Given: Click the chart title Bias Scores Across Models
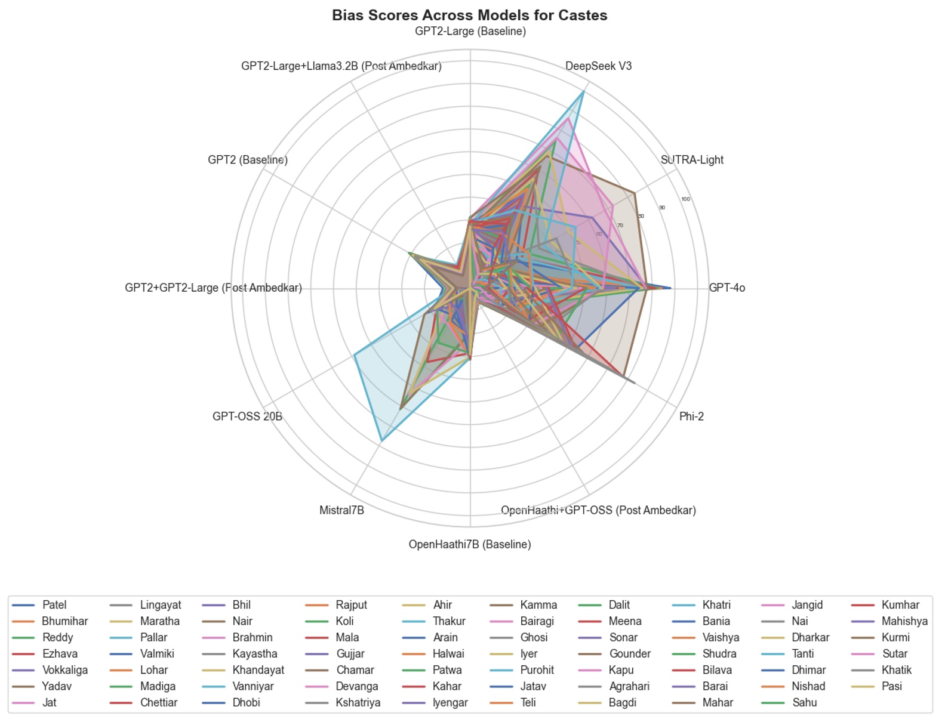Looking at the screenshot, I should click(x=470, y=15).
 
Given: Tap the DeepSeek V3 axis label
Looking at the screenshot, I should click(x=598, y=66).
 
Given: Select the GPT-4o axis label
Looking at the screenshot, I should click(x=726, y=288).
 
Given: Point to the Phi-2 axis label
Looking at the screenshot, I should click(x=691, y=416).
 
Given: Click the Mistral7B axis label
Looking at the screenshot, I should click(x=341, y=510).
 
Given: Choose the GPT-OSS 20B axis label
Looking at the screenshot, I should click(x=247, y=416).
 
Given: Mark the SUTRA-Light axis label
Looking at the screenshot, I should click(x=692, y=159).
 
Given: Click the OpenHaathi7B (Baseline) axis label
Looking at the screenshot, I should click(x=470, y=544).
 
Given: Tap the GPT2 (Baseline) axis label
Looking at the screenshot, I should click(x=248, y=159).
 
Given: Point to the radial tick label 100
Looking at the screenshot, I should click(x=685, y=199).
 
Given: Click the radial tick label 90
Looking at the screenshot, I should click(x=662, y=208).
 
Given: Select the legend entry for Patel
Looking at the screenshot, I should click(x=54, y=604).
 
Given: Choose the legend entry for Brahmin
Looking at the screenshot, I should click(x=253, y=637).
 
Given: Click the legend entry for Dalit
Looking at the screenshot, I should click(x=619, y=604).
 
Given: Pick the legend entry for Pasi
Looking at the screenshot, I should click(x=892, y=686).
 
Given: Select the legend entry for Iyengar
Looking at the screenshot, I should click(x=450, y=702).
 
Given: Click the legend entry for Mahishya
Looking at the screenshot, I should click(x=904, y=621).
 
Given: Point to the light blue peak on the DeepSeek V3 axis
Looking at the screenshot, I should click(x=583, y=92).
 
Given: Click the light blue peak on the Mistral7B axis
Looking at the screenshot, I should click(x=381, y=440).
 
